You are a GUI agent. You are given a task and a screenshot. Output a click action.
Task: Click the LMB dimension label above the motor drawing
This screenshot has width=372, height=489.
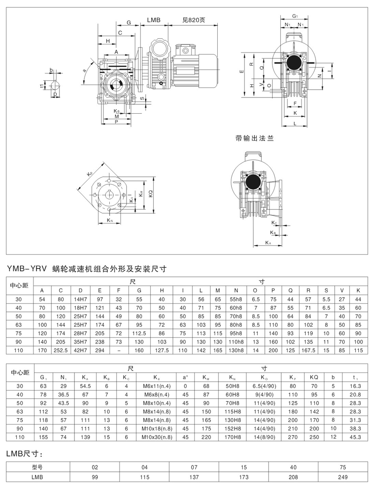[x=154, y=20]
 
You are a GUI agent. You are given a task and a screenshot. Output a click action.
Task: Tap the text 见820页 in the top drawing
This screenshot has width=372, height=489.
[x=194, y=20]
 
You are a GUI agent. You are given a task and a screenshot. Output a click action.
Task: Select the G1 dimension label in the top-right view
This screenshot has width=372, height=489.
[x=295, y=16]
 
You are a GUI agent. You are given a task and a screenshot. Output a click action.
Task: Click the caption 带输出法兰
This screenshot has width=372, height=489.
[x=255, y=139]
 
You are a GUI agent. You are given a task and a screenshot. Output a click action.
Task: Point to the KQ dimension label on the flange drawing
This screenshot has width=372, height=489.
[x=151, y=194]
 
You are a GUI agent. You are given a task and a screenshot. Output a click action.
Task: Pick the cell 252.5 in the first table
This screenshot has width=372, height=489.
[x=60, y=350]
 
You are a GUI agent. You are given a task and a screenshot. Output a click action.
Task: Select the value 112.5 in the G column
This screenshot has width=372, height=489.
[x=139, y=334]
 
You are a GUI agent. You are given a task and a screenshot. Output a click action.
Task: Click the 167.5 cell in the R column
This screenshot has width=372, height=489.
[x=308, y=350]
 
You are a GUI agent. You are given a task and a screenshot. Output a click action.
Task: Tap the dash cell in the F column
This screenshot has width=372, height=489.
[x=118, y=350]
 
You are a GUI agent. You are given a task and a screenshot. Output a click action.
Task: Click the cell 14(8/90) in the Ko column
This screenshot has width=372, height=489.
[x=264, y=437]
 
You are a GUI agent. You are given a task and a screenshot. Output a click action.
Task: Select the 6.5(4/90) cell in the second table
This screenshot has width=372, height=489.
[x=264, y=386]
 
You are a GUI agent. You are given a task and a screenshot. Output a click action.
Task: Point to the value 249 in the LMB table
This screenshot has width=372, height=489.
[x=343, y=477]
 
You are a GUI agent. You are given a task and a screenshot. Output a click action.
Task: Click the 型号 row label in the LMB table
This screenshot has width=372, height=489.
[x=38, y=467]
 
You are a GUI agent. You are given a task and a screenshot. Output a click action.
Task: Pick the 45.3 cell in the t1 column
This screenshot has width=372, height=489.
[x=355, y=437]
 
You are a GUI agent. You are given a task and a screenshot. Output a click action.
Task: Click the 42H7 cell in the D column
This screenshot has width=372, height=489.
[x=80, y=350]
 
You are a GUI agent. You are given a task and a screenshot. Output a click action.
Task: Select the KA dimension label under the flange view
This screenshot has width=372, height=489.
[x=268, y=242]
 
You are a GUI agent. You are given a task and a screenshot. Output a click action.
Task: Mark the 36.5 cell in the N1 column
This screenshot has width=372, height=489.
[x=64, y=394]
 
